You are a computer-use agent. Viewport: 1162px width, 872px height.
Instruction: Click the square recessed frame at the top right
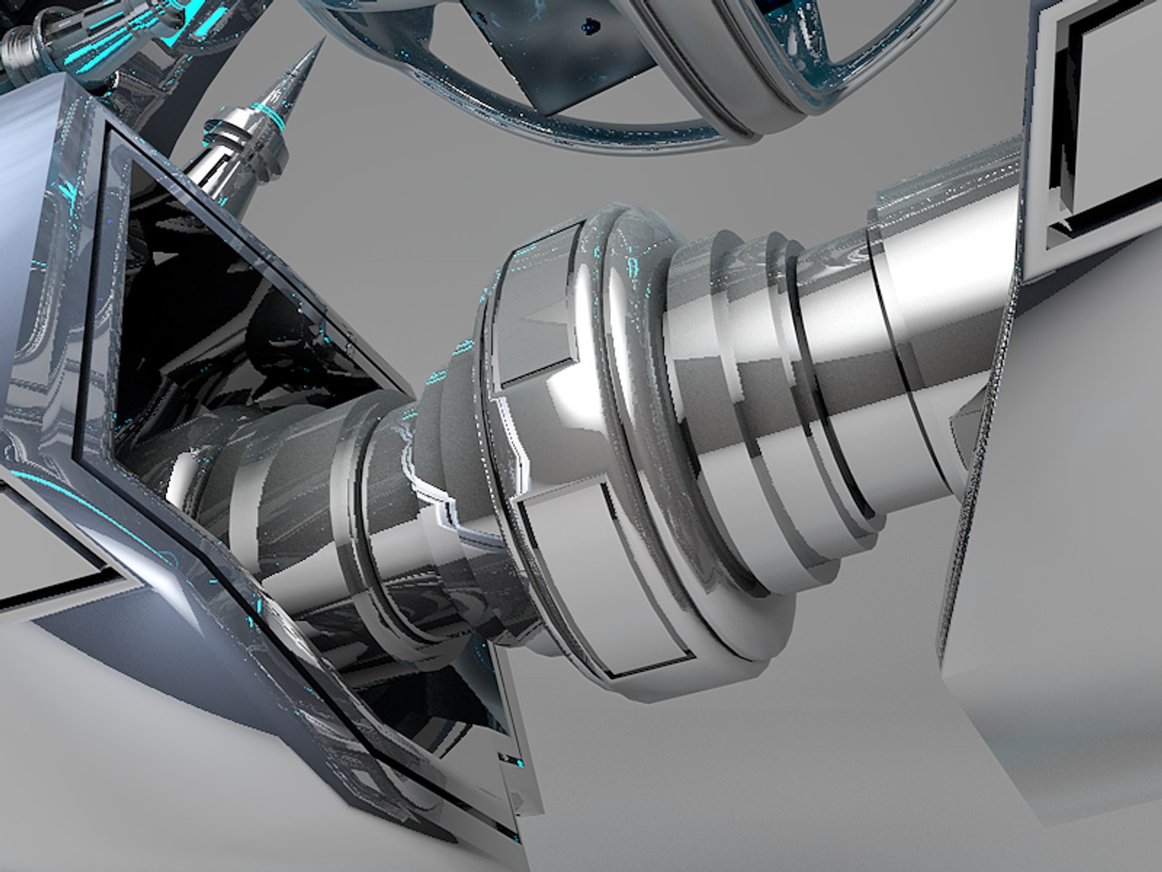pos(1097,121)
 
